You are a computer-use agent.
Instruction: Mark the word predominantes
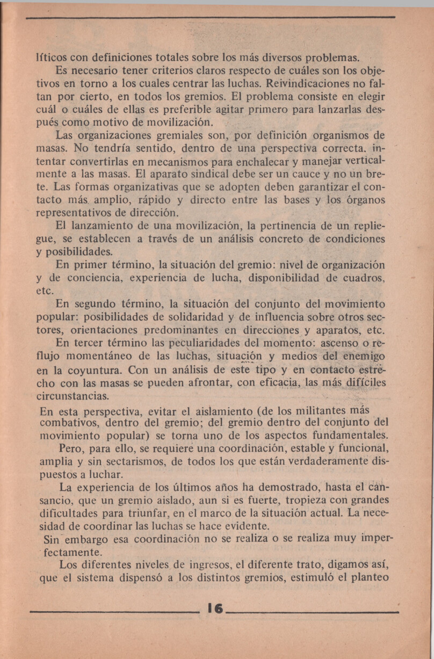(178, 330)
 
